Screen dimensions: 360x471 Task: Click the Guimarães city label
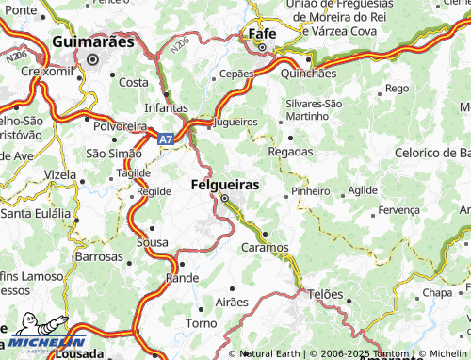point(93,42)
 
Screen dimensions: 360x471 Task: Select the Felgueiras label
point(225,184)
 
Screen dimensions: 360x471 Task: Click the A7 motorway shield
point(166,139)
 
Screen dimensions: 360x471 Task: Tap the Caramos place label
point(265,247)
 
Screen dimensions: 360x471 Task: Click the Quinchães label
point(308,74)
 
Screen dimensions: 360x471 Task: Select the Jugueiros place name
point(235,123)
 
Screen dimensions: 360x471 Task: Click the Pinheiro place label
point(311,190)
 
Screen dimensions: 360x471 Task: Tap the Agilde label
point(363,190)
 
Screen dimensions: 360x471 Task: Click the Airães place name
point(232,303)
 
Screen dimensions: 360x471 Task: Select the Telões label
point(327,294)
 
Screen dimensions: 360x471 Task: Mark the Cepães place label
point(235,73)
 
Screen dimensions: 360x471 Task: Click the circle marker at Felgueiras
point(225,198)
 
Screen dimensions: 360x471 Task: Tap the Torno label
point(201,323)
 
